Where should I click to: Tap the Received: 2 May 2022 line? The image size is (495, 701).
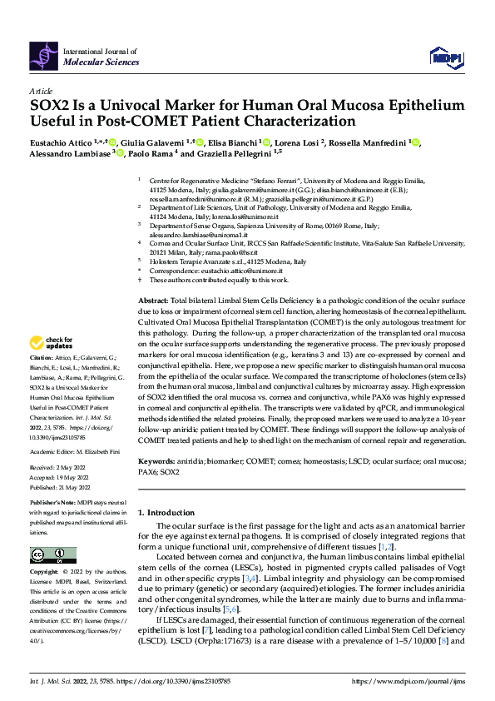tap(57, 467)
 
